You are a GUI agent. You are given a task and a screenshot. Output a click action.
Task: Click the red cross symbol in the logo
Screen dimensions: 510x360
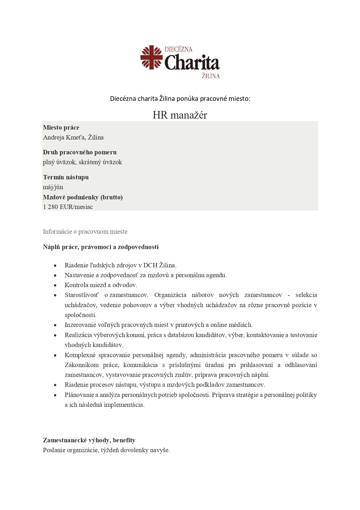(x=151, y=57)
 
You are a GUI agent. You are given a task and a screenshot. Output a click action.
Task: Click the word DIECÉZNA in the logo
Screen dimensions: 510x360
(x=178, y=49)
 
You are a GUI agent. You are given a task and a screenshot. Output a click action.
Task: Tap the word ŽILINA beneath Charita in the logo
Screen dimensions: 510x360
(x=211, y=76)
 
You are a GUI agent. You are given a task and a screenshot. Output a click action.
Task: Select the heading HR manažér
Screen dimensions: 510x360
(x=180, y=115)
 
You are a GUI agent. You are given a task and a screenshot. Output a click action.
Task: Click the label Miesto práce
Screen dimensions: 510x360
(x=61, y=128)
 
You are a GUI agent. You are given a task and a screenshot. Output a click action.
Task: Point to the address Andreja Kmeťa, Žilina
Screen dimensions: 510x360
(x=73, y=137)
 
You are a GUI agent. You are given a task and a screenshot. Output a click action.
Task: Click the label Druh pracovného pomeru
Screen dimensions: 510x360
(x=80, y=152)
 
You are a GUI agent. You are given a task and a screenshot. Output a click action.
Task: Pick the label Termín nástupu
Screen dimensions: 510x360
(x=66, y=177)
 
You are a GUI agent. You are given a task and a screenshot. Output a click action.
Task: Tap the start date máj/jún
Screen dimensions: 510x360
(x=53, y=187)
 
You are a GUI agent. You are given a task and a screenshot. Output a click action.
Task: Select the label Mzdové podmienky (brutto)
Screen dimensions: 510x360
(x=83, y=197)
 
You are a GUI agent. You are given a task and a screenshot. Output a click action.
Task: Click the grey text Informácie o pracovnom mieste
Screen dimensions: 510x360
(x=85, y=232)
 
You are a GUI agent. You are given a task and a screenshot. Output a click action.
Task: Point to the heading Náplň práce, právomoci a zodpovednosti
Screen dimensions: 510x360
(x=100, y=247)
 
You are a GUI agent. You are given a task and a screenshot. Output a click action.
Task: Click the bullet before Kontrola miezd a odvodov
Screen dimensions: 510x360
(x=55, y=286)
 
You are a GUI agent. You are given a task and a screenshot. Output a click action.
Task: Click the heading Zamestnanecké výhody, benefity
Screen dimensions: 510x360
(x=89, y=440)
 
